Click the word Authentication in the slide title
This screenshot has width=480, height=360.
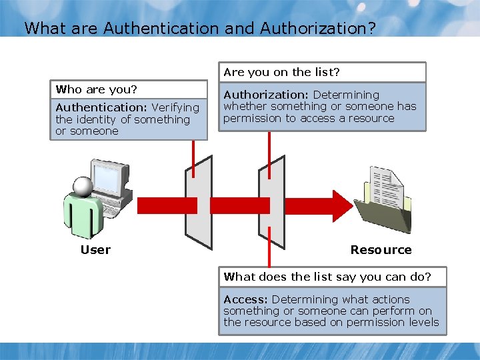click(x=161, y=29)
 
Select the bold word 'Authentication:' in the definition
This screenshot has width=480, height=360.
click(x=102, y=107)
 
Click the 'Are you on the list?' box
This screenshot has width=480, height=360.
click(x=322, y=72)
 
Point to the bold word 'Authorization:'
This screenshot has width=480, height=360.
click(x=267, y=95)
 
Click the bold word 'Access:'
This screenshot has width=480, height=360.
click(x=246, y=299)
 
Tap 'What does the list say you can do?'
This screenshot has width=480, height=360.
click(x=327, y=277)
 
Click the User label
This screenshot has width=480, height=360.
click(x=95, y=250)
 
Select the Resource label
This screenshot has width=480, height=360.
click(x=381, y=250)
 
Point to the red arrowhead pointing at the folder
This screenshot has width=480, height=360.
click(x=341, y=203)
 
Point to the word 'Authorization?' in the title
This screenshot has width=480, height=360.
click(x=318, y=29)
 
